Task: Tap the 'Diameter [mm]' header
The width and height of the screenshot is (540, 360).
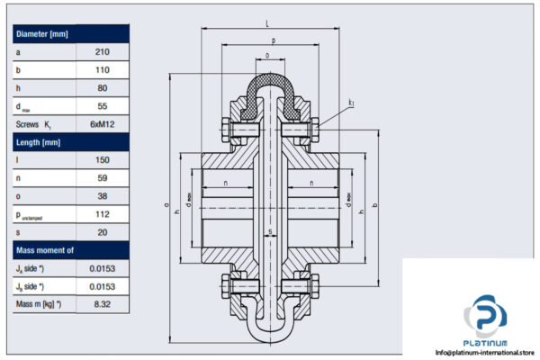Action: [x=42, y=34]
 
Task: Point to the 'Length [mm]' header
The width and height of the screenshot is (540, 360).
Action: [x=38, y=142]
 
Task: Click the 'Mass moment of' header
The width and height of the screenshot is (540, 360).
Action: [x=44, y=249]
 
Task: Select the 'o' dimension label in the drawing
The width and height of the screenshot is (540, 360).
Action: [x=269, y=56]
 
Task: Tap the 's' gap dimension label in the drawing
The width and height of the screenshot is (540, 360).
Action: [x=270, y=232]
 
